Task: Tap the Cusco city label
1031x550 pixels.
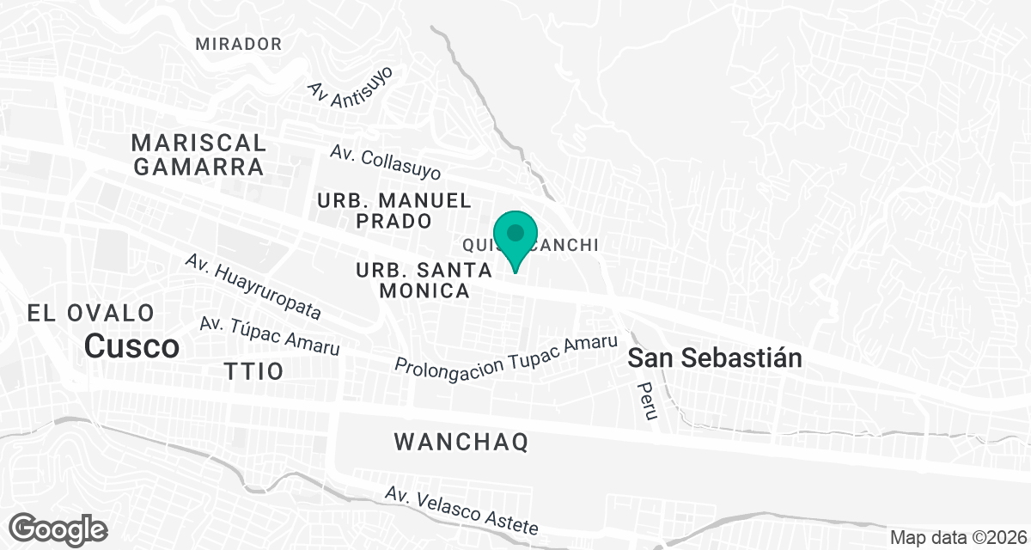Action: tap(132, 346)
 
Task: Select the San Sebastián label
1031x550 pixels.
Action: tap(715, 358)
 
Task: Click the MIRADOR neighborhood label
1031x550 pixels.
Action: tap(238, 44)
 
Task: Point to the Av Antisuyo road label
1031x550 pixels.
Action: tap(351, 82)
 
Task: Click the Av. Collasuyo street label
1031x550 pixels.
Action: tap(386, 162)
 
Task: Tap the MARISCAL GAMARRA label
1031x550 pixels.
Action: tap(199, 155)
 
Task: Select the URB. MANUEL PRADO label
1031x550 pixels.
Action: tap(394, 211)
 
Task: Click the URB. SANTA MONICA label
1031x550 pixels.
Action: tap(424, 280)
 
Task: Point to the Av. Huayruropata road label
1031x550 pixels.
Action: tap(253, 286)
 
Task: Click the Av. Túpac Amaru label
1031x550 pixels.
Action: tap(270, 336)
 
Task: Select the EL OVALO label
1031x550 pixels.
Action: tap(91, 313)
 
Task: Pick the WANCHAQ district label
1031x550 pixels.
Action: tap(461, 443)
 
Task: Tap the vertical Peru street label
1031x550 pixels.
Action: tap(647, 401)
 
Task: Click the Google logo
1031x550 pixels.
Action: tap(58, 528)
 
